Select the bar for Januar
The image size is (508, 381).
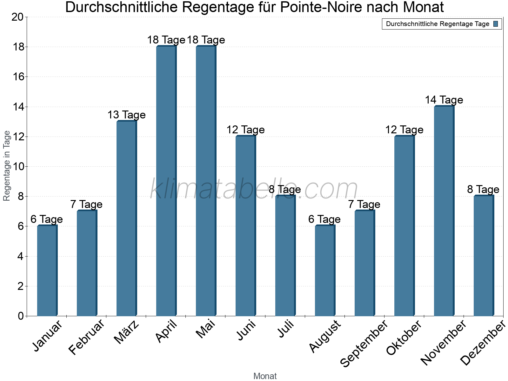[47, 271]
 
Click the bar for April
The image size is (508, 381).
[166, 181]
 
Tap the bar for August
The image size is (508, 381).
[325, 271]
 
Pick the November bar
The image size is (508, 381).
[444, 211]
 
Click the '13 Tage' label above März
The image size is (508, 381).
[126, 115]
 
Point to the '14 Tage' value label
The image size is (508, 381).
[444, 100]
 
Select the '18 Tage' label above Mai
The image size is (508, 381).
[206, 40]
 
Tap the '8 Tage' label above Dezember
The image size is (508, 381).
[483, 190]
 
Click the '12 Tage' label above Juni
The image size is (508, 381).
[245, 130]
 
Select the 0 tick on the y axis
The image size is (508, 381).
[21, 316]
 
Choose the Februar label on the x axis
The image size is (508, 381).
[86, 337]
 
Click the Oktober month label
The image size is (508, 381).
[404, 338]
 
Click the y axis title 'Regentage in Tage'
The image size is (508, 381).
[7, 166]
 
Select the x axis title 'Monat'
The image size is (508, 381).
[265, 376]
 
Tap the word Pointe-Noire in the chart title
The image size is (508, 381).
[320, 8]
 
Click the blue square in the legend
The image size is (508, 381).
[496, 24]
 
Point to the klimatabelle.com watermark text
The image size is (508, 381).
[254, 189]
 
